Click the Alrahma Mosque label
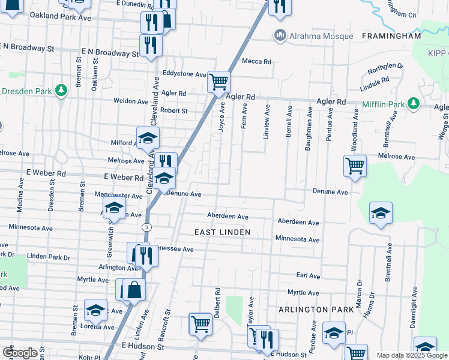(321, 36)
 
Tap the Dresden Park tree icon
(61, 91)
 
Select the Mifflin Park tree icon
(413, 104)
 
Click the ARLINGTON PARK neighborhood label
(313, 309)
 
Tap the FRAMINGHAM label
(391, 36)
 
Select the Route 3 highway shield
(146, 227)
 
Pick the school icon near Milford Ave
(148, 138)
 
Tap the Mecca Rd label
(257, 61)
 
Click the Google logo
(20, 352)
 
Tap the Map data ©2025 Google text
(412, 356)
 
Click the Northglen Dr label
(382, 69)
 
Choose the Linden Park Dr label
(49, 256)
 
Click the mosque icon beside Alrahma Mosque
(280, 36)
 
